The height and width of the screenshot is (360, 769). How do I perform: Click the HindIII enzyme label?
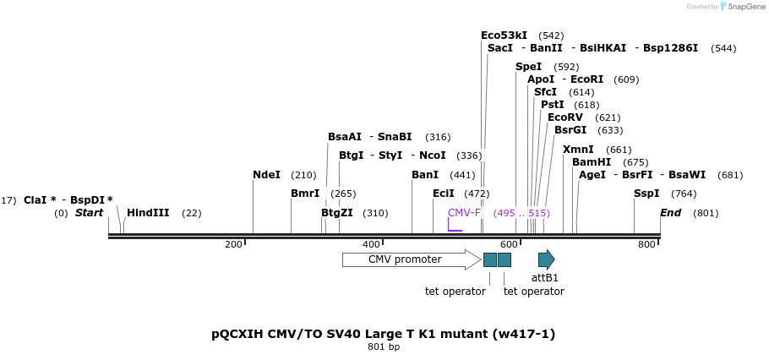tap(148, 213)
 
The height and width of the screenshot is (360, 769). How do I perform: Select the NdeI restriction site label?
tap(266, 175)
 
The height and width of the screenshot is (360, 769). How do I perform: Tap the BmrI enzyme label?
tap(305, 194)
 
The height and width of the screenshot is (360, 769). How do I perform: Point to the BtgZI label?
tap(337, 213)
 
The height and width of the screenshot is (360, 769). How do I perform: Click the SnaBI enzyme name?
tap(395, 137)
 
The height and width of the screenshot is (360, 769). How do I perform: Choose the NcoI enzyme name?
tap(432, 155)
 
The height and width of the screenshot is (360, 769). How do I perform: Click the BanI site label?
tap(425, 175)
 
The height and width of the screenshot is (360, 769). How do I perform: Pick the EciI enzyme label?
tap(444, 194)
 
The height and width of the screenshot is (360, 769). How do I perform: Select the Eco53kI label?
tap(504, 35)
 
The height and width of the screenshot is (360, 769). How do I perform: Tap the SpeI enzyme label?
tap(528, 67)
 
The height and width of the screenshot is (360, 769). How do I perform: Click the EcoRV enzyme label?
tap(565, 117)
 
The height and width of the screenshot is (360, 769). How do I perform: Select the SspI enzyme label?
tap(646, 194)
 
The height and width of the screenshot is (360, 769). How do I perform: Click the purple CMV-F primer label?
tap(464, 213)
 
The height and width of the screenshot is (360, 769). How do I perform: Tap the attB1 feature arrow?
tap(546, 259)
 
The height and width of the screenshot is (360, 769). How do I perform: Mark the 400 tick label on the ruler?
tap(371, 245)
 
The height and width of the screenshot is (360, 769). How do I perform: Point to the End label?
tap(670, 213)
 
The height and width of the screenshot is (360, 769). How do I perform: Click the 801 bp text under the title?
tap(383, 347)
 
